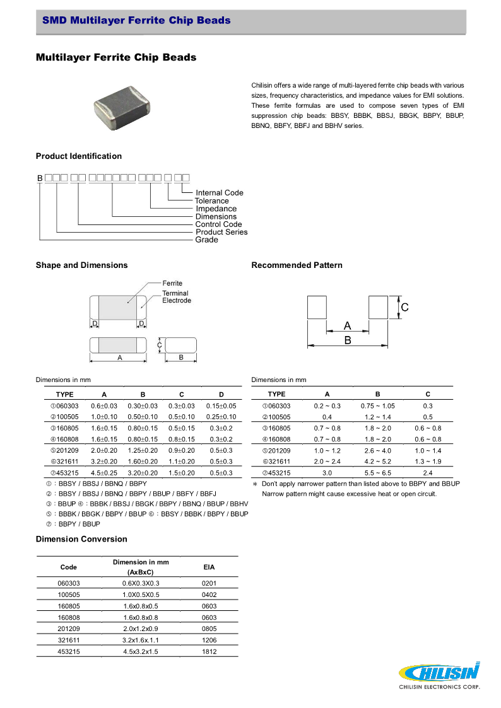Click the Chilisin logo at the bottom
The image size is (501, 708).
coord(439,675)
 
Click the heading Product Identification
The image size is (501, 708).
coord(79,156)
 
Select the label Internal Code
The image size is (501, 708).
coord(219,193)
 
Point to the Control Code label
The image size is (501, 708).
coord(218,224)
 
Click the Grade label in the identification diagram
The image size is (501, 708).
coord(206,240)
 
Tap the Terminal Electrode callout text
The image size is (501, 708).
coord(176,297)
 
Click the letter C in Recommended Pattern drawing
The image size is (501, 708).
coord(404,308)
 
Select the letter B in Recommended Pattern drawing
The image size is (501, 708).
coord(348,340)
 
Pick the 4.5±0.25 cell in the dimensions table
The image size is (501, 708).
coord(104,473)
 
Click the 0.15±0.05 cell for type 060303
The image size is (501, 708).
coord(221,406)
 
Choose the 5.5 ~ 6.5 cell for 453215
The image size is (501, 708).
coord(377,473)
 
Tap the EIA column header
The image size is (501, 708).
coord(209,567)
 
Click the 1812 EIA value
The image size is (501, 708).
coord(209,652)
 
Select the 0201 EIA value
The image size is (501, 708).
coord(209,583)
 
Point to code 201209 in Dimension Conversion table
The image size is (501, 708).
coord(69,629)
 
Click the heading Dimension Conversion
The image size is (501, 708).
coord(81,540)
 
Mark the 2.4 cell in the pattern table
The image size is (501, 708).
coord(428,473)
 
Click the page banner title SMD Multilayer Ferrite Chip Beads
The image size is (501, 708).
coord(136,21)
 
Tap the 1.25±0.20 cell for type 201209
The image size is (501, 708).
coord(143,451)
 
